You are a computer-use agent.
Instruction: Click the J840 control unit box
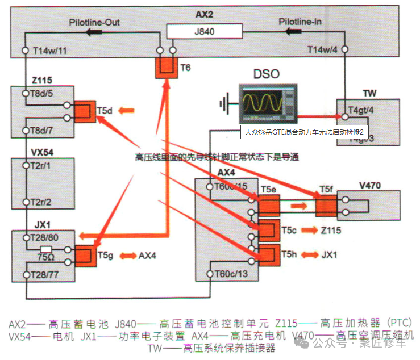[x=204, y=32]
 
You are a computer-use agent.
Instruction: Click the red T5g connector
[x=85, y=256]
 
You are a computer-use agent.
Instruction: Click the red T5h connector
[x=268, y=254]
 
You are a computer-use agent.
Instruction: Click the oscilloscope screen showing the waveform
[x=262, y=103]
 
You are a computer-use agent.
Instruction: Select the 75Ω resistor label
[x=45, y=257]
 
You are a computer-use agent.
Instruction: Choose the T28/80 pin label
[x=45, y=237]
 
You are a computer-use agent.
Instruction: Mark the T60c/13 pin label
[x=231, y=274]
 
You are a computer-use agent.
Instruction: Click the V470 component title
[x=369, y=184]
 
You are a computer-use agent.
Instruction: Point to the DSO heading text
[x=267, y=73]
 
